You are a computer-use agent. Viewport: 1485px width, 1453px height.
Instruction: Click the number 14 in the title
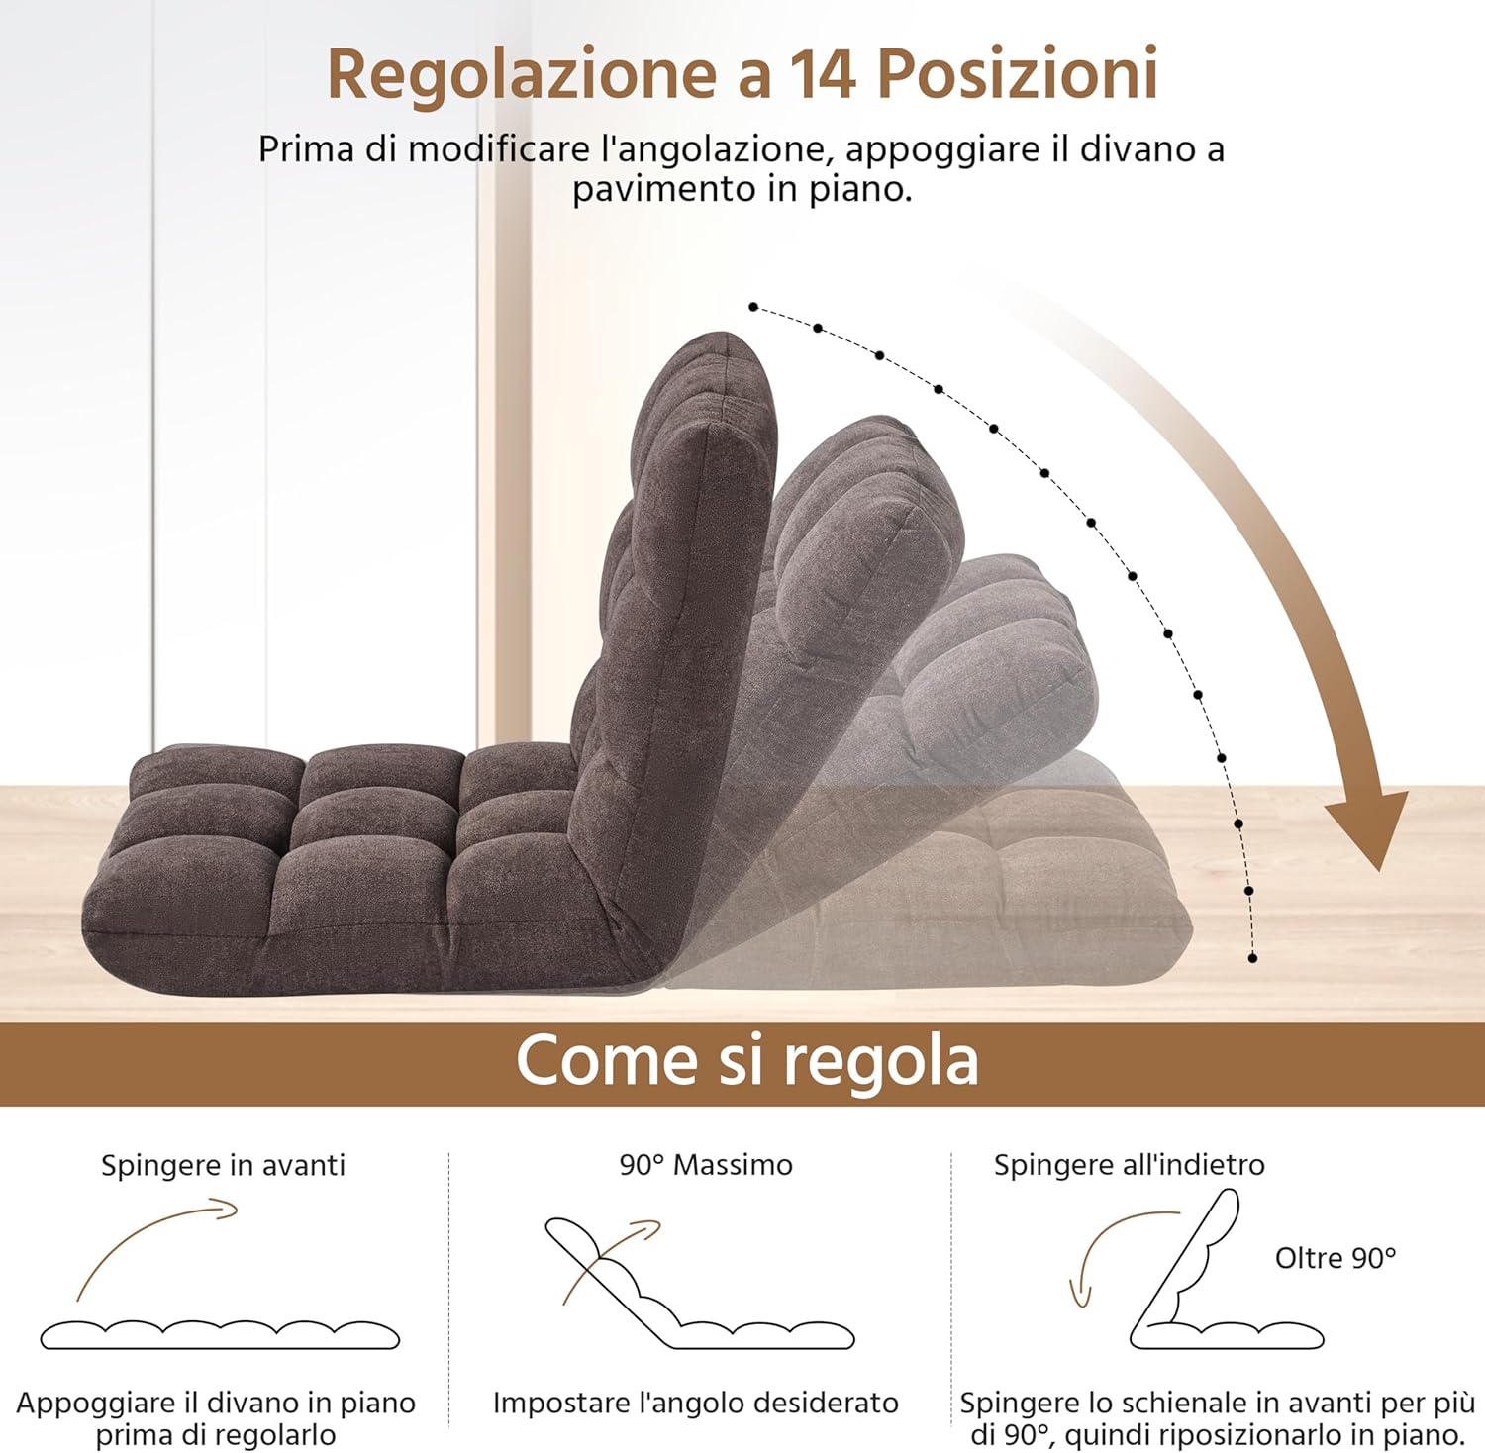click(822, 74)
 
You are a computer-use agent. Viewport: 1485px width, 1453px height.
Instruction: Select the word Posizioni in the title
click(1018, 74)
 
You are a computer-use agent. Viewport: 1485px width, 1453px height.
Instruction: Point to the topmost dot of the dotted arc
click(753, 307)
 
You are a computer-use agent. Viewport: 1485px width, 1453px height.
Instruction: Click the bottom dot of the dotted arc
click(1252, 958)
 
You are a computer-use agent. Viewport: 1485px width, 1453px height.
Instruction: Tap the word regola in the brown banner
click(881, 1063)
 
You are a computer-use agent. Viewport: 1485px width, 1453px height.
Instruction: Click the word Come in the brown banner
click(606, 1060)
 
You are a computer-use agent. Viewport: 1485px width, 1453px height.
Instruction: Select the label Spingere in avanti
click(223, 1165)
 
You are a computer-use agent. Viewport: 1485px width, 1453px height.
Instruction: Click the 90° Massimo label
click(706, 1165)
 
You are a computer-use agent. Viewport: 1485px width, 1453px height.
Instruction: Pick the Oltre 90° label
click(1336, 1258)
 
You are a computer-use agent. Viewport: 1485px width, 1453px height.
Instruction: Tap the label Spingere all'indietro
click(1129, 1165)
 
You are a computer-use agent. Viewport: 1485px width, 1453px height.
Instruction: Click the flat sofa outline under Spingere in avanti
click(220, 1335)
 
